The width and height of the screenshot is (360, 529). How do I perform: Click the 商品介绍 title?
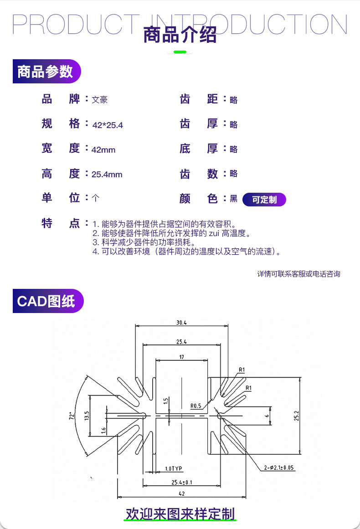[180, 35]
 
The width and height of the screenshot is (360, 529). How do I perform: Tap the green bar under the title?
[180, 52]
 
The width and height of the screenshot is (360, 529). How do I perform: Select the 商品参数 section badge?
[46, 71]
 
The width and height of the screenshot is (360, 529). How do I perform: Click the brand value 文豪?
[99, 100]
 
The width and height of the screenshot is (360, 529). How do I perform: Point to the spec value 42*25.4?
[108, 125]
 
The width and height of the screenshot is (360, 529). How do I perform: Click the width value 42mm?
[103, 150]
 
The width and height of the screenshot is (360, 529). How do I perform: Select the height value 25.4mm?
[107, 175]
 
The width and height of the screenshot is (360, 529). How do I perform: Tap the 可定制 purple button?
[264, 200]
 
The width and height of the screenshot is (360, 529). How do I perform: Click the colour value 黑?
[233, 199]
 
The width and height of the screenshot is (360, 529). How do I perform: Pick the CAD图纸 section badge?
[48, 301]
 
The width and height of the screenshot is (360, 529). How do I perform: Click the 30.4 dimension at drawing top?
[181, 323]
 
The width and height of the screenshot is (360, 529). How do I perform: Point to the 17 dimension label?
[181, 357]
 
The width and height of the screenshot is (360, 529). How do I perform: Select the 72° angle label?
[71, 415]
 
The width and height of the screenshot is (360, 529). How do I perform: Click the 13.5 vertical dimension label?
[87, 416]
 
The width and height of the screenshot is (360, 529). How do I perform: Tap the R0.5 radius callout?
[195, 406]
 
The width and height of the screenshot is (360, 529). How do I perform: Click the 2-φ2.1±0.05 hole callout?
[279, 467]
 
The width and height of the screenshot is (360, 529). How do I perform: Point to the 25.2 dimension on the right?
[296, 416]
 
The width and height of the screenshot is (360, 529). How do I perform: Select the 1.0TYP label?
[174, 468]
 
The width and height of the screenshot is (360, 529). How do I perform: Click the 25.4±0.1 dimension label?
[181, 483]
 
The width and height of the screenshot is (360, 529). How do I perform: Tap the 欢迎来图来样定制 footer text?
[180, 514]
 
